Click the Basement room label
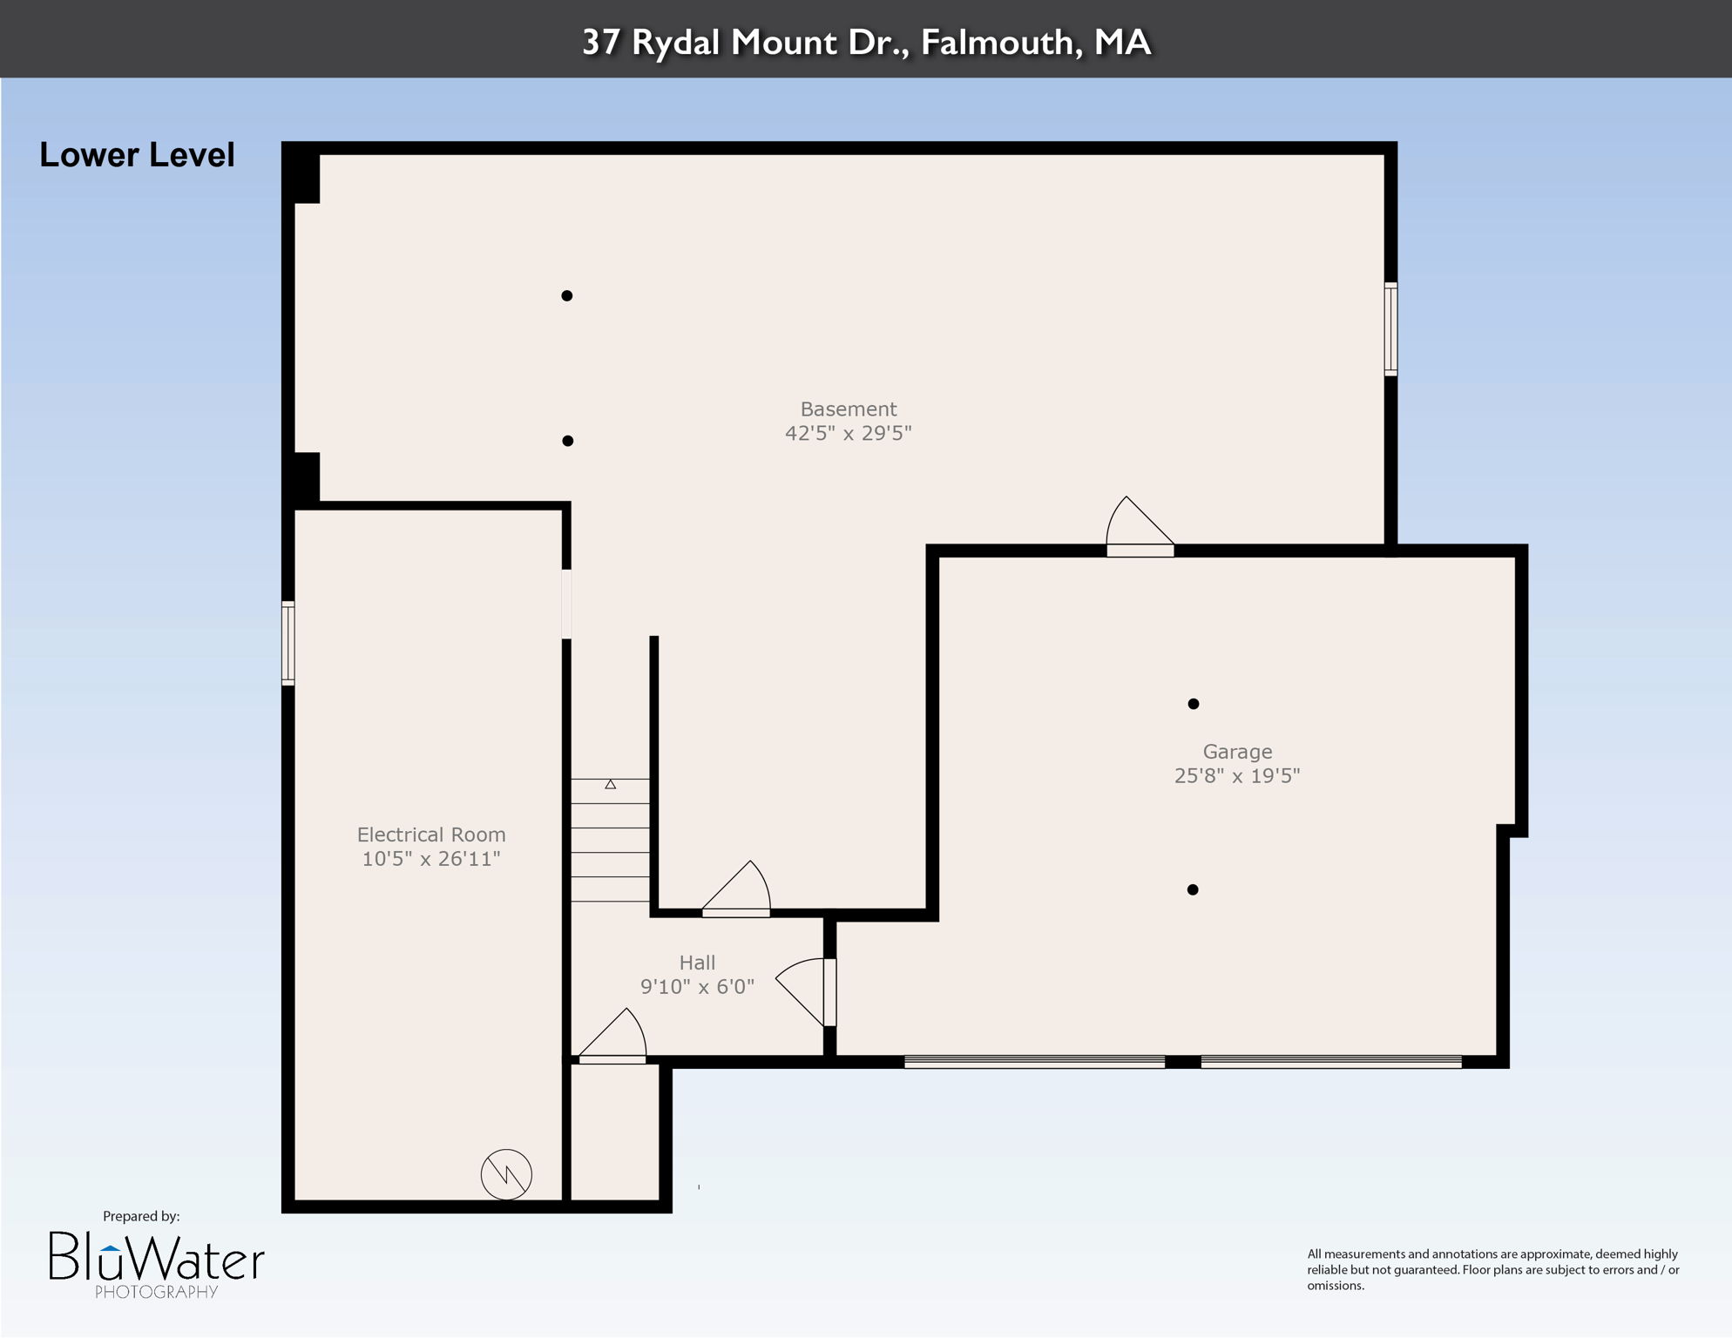(x=848, y=409)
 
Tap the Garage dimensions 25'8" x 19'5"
(x=1236, y=775)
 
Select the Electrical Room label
(x=431, y=835)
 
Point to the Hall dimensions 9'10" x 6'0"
(x=697, y=986)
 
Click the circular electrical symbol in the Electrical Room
(x=506, y=1174)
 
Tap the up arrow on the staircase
(x=611, y=785)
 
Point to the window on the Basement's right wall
(x=1390, y=329)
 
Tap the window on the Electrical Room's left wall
(x=288, y=643)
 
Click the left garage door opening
(x=1034, y=1062)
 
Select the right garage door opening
(x=1330, y=1062)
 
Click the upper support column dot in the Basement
(x=567, y=296)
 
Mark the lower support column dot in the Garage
(x=1193, y=889)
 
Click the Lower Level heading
(x=137, y=155)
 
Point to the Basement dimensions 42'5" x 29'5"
(x=848, y=433)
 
